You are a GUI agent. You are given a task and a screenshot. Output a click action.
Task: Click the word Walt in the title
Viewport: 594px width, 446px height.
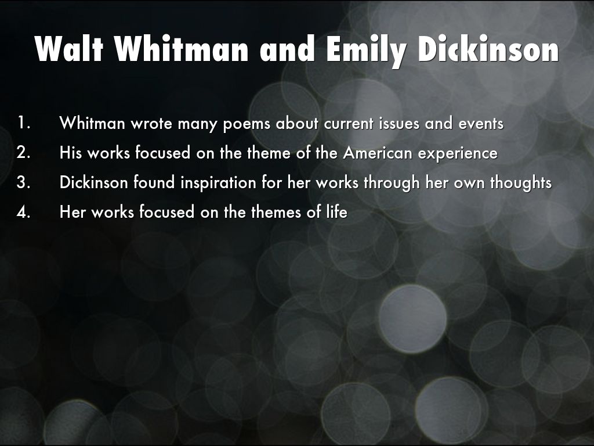(69, 49)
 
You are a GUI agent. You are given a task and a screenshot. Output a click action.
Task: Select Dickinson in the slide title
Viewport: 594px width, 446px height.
(488, 49)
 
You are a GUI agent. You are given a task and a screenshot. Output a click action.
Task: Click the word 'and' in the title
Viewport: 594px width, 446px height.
(288, 49)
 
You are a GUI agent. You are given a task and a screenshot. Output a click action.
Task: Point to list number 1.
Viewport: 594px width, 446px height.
(24, 123)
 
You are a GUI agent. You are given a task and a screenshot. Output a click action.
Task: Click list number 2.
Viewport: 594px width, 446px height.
(23, 153)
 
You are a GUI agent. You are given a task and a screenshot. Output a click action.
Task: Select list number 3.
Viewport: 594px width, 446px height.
(23, 182)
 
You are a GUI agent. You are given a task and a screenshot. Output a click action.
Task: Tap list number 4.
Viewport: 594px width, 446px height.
(23, 211)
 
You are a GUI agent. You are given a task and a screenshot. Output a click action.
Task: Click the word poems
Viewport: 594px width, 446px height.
(246, 124)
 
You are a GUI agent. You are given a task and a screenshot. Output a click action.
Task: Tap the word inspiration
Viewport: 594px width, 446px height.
(218, 183)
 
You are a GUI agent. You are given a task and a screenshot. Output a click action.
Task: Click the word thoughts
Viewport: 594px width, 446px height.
(521, 183)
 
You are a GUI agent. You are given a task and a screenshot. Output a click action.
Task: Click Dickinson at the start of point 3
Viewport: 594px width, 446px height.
(93, 182)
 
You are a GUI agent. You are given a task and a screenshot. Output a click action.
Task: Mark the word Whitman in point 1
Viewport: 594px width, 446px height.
(92, 123)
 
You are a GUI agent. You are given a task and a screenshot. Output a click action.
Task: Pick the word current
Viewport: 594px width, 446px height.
(349, 124)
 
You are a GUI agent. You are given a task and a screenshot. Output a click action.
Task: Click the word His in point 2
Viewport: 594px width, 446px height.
(71, 153)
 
